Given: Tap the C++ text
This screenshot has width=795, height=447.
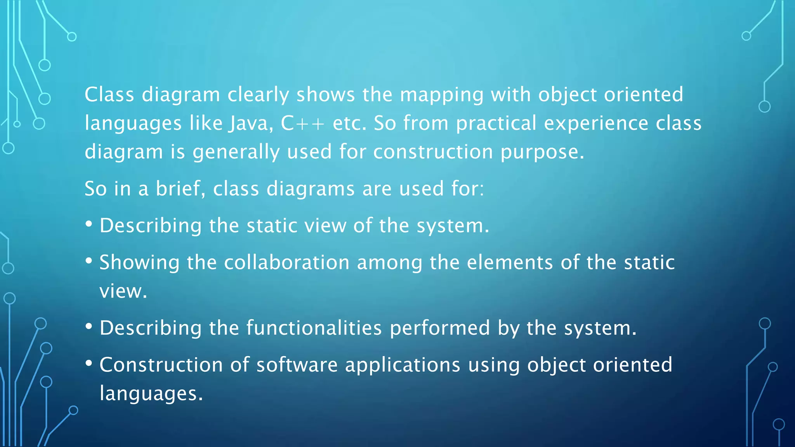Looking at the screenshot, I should click(x=302, y=123).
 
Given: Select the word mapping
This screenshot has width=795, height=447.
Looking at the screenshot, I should click(x=442, y=95).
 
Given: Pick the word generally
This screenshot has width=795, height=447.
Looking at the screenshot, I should click(x=236, y=152).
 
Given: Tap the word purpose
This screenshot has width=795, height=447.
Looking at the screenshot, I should click(x=542, y=152).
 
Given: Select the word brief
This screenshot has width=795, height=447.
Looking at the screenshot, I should click(x=180, y=189).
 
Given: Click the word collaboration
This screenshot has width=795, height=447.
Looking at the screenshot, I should click(x=287, y=262).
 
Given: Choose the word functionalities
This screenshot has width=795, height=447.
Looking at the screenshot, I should click(x=314, y=328).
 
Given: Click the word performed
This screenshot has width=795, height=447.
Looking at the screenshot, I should click(x=440, y=328).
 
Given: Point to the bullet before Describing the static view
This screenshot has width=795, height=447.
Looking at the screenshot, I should click(x=89, y=224).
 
